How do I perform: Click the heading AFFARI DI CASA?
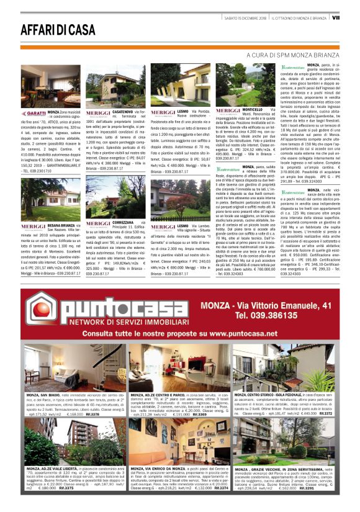coord(50,29)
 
